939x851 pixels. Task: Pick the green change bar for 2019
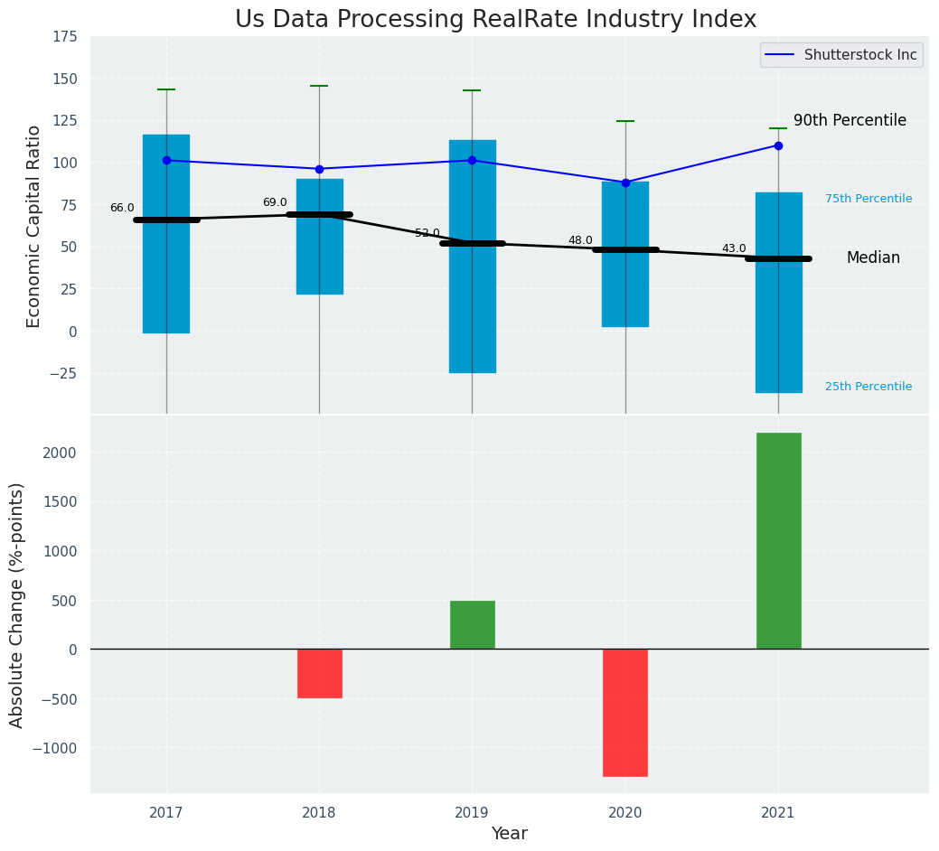tap(472, 624)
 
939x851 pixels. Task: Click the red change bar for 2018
tap(319, 673)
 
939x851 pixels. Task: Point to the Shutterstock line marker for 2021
tap(778, 145)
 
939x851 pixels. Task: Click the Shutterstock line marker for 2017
tap(166, 161)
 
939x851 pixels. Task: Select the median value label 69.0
tap(275, 203)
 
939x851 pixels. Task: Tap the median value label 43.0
tap(734, 249)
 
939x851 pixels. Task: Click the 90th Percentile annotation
tap(850, 121)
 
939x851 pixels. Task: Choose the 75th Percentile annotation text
tap(869, 199)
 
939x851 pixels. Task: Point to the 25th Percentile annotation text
tap(869, 387)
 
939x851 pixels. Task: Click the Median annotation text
tap(873, 258)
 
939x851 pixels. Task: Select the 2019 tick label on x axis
tap(472, 813)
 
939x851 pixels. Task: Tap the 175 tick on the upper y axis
tap(64, 37)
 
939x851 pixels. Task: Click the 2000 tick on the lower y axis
tap(60, 453)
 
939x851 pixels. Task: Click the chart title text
tap(495, 20)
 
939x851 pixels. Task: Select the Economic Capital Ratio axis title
tap(34, 226)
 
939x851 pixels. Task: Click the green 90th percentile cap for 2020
tap(625, 121)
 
